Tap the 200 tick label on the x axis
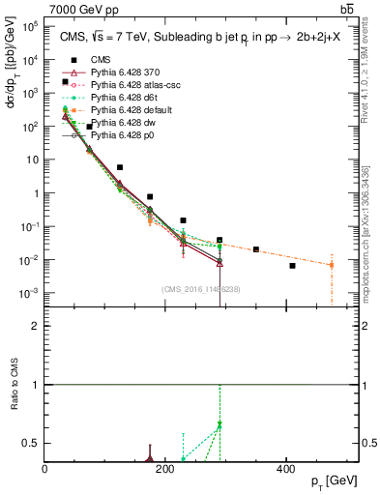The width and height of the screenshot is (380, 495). (165, 469)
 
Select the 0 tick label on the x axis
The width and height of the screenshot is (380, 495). (45, 469)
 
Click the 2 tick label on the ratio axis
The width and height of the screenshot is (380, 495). (38, 326)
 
